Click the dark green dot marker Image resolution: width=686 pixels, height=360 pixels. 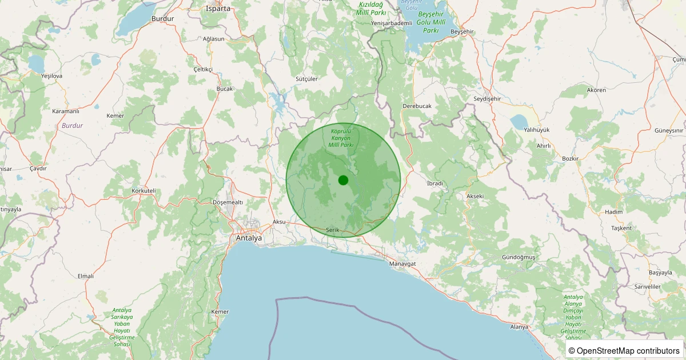coord(343,180)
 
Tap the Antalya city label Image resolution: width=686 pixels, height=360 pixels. coord(249,238)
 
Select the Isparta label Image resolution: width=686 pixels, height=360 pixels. coord(218,9)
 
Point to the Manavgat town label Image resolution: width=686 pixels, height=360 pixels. coord(402,263)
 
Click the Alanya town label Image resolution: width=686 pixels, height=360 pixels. coord(519,326)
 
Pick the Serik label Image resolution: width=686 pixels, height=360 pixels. coord(333,230)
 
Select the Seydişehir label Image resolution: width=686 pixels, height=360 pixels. coord(487,99)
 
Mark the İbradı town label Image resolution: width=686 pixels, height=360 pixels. coord(435,183)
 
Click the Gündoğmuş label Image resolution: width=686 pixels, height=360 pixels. coord(519,257)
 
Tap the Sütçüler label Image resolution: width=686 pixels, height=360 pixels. coord(306,79)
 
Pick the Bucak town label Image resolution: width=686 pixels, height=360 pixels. coord(225,89)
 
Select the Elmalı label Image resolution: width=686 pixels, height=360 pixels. coord(85,276)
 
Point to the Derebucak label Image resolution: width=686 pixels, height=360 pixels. coord(417,106)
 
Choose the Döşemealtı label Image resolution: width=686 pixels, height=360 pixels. coord(228,202)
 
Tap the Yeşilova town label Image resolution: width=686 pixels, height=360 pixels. coord(51,75)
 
